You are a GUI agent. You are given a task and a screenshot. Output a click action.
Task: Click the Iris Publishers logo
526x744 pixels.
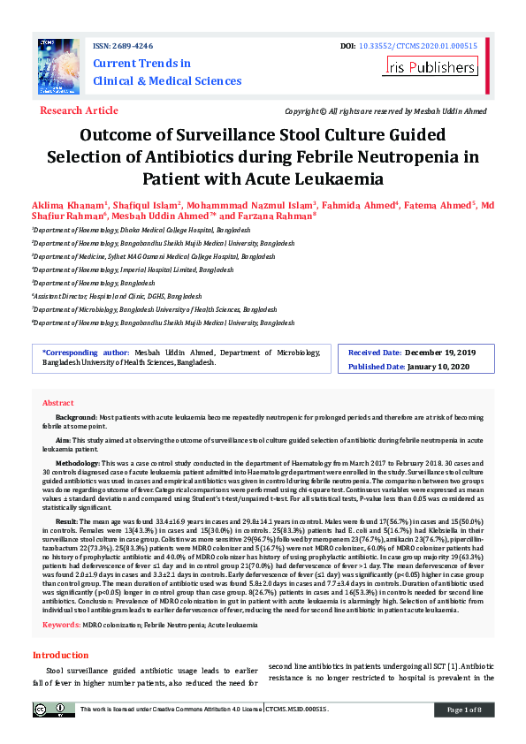pos(431,66)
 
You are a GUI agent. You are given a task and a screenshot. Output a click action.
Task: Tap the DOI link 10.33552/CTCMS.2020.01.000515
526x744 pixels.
pos(424,45)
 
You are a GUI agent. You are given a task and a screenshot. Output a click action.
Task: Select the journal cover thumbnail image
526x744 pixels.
pos(58,67)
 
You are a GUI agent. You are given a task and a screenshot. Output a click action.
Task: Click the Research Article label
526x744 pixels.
pos(79,110)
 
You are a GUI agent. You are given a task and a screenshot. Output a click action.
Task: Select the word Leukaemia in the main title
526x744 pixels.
pos(338,179)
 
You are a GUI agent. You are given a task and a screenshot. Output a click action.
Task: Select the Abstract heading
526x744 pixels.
pos(58,402)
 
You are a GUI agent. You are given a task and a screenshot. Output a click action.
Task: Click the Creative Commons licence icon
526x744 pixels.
pos(53,710)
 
